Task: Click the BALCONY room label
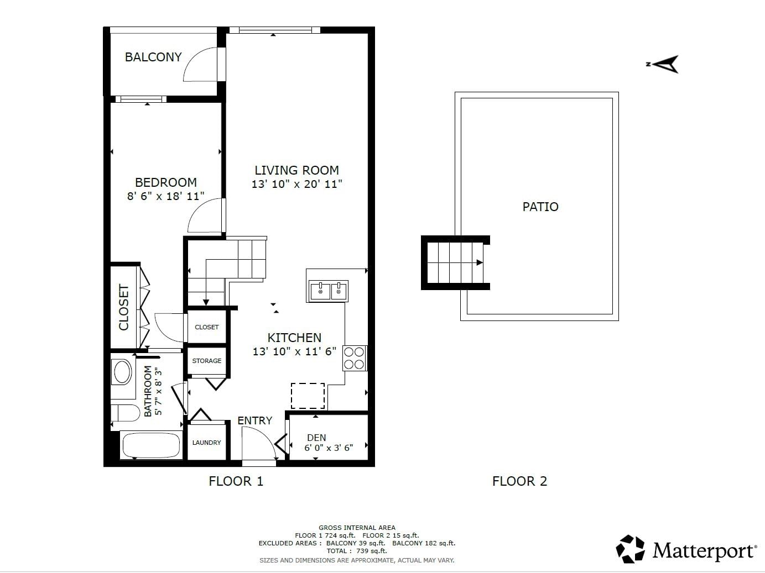[x=153, y=57]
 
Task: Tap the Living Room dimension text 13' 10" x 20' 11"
[x=297, y=184]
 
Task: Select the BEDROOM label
[x=166, y=182]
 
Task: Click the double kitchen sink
[x=329, y=291]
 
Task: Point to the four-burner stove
[x=355, y=358]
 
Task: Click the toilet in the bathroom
[x=126, y=413]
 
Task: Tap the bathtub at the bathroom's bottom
[x=151, y=445]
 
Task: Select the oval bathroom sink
[x=122, y=372]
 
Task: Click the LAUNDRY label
[x=207, y=443]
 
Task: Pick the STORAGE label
[x=207, y=361]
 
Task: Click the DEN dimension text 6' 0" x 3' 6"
[x=329, y=448]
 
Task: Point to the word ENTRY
[x=255, y=420]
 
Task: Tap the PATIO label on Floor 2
[x=540, y=207]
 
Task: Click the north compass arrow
[x=663, y=65]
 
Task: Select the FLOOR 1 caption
[x=236, y=481]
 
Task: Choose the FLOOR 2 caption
[x=519, y=481]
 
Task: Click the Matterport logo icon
[x=630, y=549]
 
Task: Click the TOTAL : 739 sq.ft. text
[x=357, y=551]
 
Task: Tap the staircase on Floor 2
[x=455, y=263]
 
